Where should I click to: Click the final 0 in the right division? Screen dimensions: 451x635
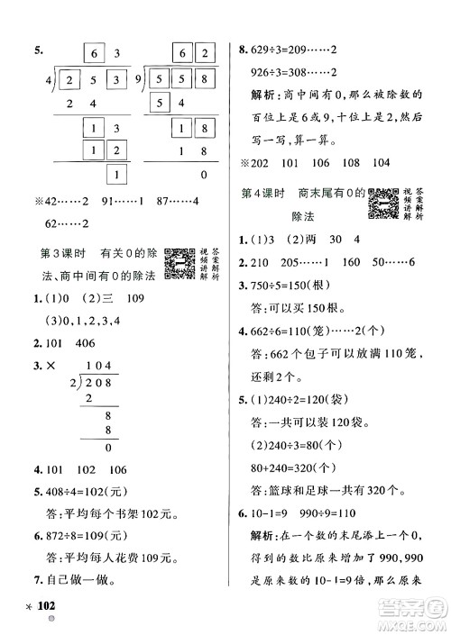click(x=203, y=174)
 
